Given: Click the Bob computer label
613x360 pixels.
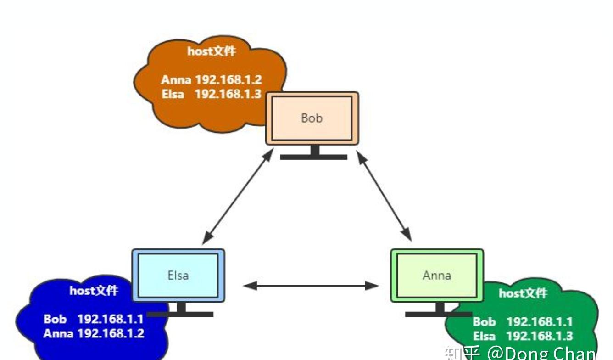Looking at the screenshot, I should [312, 118].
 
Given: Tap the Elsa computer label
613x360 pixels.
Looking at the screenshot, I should [178, 275].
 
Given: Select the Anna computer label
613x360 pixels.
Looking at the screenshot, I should [436, 275].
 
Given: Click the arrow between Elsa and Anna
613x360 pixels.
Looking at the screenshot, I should [311, 286].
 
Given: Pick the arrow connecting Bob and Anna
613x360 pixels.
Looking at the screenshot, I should [385, 196].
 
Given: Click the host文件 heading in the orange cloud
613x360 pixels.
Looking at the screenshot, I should [212, 51].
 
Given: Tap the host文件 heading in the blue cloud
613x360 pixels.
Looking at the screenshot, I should [94, 291].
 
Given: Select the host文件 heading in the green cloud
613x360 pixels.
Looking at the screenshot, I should [523, 293].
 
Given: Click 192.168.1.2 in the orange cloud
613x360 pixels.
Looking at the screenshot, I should [228, 80].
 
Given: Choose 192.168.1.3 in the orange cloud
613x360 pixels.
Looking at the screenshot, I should [228, 94].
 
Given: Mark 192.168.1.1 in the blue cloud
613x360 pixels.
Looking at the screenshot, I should [111, 319].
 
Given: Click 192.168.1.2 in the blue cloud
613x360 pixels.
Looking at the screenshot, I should [111, 333].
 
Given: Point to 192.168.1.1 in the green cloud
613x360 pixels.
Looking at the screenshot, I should [540, 321].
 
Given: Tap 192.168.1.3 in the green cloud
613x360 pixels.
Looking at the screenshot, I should [540, 336].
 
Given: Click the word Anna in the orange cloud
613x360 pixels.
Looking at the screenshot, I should [176, 80].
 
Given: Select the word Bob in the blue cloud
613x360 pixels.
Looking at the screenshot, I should [55, 319].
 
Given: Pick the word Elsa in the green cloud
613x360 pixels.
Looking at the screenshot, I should [484, 336].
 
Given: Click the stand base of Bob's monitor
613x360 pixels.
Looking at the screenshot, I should [314, 157].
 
